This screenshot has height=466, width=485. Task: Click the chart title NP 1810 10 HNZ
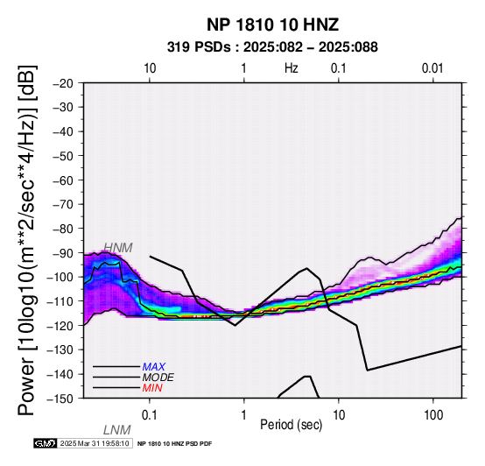coord(272,25)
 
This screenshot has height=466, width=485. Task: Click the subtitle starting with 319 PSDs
coord(272,47)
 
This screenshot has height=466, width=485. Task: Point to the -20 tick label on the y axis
coord(63,83)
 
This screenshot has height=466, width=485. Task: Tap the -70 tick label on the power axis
coord(63,204)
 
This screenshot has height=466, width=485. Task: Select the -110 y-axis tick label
coord(60,301)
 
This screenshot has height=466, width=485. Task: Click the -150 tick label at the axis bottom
coord(60,399)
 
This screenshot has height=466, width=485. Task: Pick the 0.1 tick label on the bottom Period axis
coord(150,415)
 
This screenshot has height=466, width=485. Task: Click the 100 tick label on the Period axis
coord(433,415)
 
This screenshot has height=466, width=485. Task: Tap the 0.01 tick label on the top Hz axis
coord(432,68)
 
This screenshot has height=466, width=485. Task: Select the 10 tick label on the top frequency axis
coord(150,68)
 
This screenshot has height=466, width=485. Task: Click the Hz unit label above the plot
coord(292,68)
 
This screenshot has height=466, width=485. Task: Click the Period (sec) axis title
coord(291,425)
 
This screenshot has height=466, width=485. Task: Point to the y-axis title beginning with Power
coord(26,240)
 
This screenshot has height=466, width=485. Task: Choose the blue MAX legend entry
coord(153,367)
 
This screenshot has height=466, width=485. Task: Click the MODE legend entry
coord(158,378)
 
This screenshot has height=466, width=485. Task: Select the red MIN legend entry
coord(152,388)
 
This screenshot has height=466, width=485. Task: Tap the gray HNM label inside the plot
coord(118,248)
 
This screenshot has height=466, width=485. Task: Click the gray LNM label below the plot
coord(117,430)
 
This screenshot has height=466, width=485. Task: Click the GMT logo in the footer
coord(46,443)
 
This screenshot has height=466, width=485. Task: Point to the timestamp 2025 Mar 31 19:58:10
coord(95,443)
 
